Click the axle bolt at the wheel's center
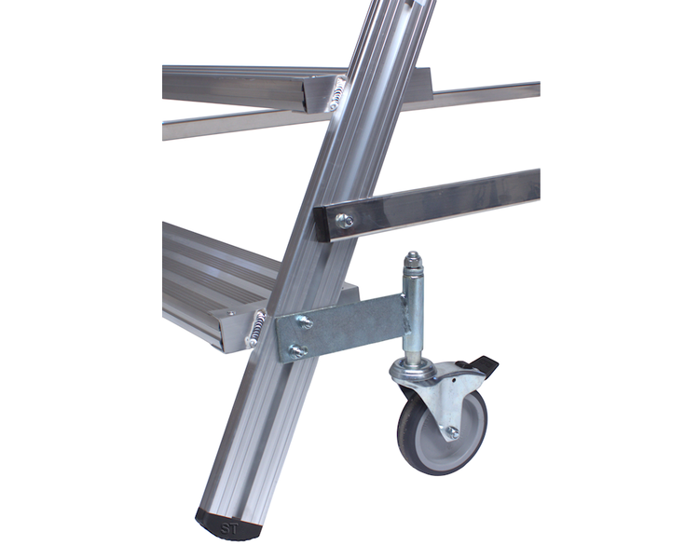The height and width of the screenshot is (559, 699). (452, 431)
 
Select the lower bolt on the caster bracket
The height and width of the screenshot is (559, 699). (296, 350)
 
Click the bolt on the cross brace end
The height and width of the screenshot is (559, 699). (344, 221)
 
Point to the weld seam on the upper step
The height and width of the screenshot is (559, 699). (336, 94)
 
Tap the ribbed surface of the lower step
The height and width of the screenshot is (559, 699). (205, 270)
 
